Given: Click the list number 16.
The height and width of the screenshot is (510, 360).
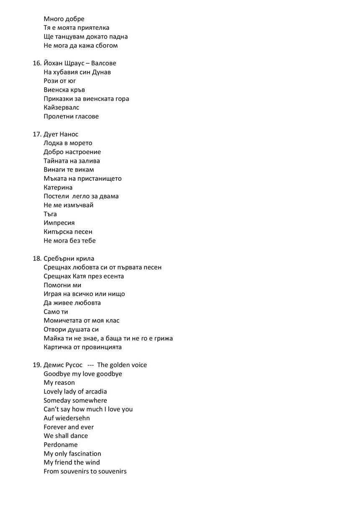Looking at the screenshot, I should (x=36, y=63).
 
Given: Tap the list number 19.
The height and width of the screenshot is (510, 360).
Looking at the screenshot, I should (x=36, y=365).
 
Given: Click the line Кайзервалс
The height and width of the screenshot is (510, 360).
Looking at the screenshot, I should (x=61, y=108).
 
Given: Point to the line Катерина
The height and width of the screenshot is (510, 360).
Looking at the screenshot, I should (x=58, y=188).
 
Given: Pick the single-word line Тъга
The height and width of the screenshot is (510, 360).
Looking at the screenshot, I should (x=50, y=214).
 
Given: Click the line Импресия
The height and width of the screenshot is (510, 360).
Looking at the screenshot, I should (x=59, y=223).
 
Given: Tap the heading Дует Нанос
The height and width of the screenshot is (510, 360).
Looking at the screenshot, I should (x=61, y=134).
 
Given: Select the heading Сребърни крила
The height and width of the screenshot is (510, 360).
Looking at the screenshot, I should (x=69, y=259).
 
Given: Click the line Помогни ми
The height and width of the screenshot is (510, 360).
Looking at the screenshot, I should (x=62, y=285).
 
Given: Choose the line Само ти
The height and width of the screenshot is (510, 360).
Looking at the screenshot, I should (x=56, y=312).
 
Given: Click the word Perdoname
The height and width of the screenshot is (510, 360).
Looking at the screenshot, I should (x=60, y=445).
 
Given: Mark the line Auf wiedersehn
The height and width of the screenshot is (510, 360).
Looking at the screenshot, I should (x=67, y=418).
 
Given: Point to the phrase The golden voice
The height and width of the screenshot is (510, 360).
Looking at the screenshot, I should (x=122, y=365).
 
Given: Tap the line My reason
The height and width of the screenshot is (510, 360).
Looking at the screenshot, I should (x=59, y=383).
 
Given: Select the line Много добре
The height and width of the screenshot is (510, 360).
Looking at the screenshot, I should (x=64, y=19).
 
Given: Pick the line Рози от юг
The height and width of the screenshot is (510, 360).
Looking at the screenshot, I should (x=60, y=81).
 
